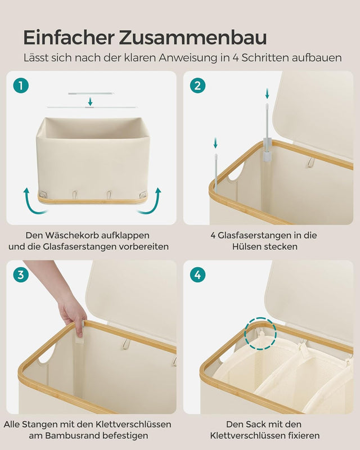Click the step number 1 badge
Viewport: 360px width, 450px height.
(x=21, y=85)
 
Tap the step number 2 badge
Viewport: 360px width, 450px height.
(x=197, y=85)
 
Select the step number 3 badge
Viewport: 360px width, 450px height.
(x=21, y=275)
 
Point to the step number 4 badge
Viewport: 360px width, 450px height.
(x=197, y=275)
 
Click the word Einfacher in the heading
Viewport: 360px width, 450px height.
(x=68, y=38)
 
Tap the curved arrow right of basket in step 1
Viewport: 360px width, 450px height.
(x=150, y=203)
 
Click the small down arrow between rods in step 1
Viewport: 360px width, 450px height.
(x=90, y=101)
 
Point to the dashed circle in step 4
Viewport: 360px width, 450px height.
(x=260, y=333)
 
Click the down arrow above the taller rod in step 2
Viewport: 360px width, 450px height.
(x=267, y=93)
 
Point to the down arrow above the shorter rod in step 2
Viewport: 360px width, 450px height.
(x=215, y=143)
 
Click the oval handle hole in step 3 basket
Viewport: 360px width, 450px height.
(x=47, y=353)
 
